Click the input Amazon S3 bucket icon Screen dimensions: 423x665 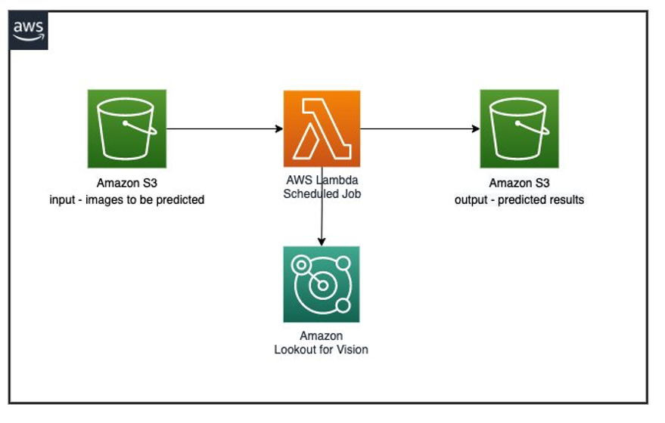point(126,129)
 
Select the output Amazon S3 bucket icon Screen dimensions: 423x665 point(519,129)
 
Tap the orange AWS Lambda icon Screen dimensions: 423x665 point(322,128)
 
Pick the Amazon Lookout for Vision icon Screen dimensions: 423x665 point(322,284)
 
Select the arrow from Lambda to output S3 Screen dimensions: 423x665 point(420,129)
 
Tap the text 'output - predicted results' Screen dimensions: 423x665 point(519,200)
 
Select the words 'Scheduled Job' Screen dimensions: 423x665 point(322,193)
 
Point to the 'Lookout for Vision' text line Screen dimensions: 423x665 point(322,349)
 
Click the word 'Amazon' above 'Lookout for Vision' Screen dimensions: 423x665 point(322,335)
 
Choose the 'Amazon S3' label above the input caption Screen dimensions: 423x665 point(126,184)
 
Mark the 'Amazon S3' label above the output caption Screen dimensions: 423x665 point(519,184)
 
